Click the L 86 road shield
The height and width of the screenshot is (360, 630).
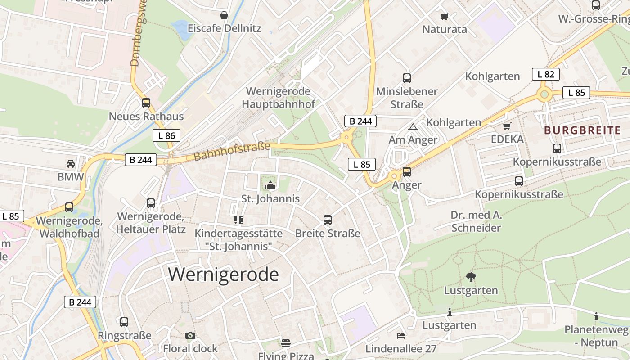click(166, 135)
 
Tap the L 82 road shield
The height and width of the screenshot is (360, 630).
click(545, 74)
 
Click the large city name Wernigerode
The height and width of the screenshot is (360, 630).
click(224, 274)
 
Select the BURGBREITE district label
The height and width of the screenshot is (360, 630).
click(582, 130)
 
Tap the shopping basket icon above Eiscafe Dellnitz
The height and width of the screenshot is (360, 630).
click(224, 16)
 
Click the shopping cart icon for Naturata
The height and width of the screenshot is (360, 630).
click(445, 17)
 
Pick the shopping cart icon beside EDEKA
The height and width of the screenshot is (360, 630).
click(507, 126)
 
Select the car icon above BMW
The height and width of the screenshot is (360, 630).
click(71, 163)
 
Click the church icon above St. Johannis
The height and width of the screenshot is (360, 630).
click(270, 185)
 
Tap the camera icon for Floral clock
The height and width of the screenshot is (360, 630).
click(190, 335)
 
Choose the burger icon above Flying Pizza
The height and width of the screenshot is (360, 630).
click(285, 343)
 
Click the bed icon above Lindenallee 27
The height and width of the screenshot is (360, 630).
click(401, 335)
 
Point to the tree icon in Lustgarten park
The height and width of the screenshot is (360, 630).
click(471, 277)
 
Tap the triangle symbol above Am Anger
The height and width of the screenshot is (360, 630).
click(413, 127)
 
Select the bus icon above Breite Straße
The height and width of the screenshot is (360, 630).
click(328, 220)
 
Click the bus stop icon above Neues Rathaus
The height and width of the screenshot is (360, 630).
click(146, 103)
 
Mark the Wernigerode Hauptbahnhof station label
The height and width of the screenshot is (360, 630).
click(278, 98)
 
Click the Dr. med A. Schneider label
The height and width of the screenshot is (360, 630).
click(476, 221)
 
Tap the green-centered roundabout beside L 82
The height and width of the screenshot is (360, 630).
click(544, 94)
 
